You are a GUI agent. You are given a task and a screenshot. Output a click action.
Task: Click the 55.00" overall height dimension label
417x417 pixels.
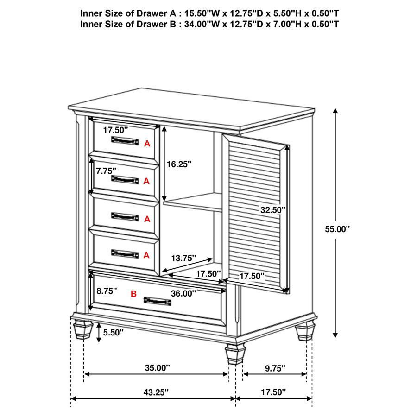coord(337,228)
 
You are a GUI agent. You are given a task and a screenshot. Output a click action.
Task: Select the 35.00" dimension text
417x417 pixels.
coord(157,368)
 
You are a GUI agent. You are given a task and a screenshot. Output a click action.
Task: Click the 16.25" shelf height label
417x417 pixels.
coord(178,164)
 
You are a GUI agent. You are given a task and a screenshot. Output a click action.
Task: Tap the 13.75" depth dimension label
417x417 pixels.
coord(183,258)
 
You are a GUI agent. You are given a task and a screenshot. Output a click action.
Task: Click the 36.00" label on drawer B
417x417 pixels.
coord(183,293)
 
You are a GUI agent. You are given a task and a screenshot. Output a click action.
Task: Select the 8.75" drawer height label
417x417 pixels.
coord(107,291)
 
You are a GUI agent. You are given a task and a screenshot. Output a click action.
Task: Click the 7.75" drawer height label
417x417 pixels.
coord(106,171)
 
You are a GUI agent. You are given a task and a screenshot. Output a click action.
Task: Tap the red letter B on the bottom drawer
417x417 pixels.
coord(134,293)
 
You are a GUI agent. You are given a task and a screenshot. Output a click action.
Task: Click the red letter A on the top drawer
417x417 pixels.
coord(147,144)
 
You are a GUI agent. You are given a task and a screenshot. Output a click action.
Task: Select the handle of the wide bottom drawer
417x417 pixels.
coord(158,301)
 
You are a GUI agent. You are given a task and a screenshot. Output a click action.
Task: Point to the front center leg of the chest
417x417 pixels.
coord(235,354)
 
